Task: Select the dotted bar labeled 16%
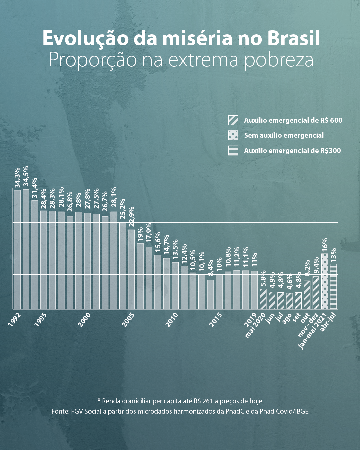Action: [324, 281]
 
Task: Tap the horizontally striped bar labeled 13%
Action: [333, 286]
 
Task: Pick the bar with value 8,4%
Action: [210, 294]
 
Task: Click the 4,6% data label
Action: [289, 282]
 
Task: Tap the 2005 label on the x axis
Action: [128, 320]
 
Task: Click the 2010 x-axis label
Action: [172, 320]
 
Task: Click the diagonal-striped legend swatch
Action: [233, 120]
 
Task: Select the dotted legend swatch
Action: [233, 135]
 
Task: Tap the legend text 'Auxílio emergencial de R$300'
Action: [292, 151]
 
